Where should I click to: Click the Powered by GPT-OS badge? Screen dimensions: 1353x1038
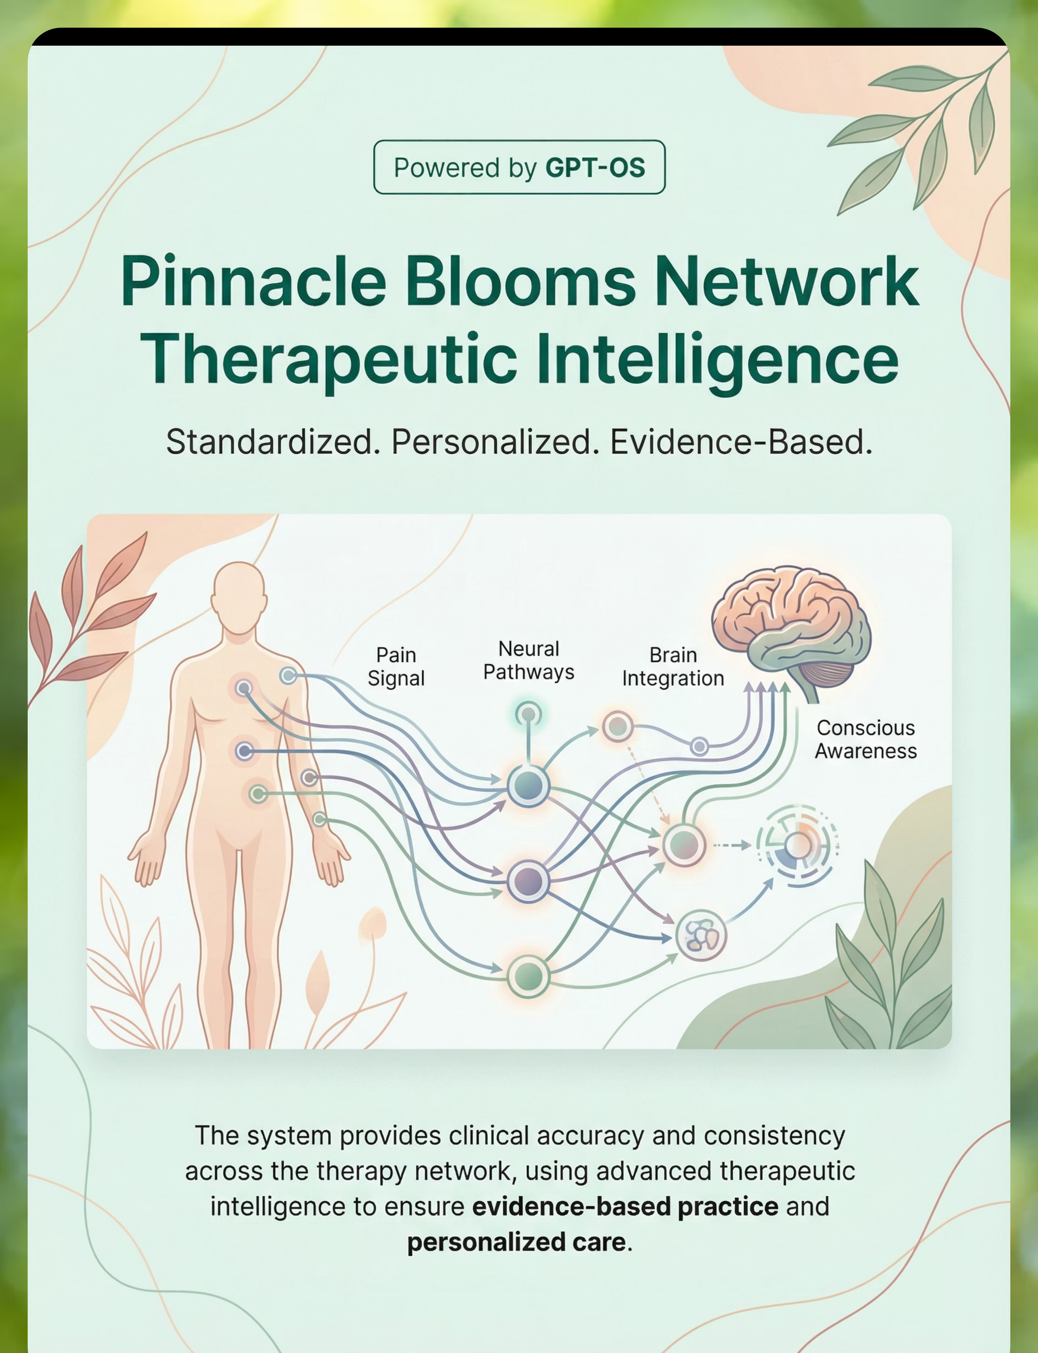[x=519, y=167]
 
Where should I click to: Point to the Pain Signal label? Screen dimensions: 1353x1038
[x=396, y=667]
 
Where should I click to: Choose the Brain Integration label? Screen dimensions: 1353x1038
[x=673, y=667]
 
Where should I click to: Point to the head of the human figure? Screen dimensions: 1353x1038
[x=239, y=596]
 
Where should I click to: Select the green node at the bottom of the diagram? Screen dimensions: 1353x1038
[x=528, y=976]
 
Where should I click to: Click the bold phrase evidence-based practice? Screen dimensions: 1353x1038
[x=625, y=1207]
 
